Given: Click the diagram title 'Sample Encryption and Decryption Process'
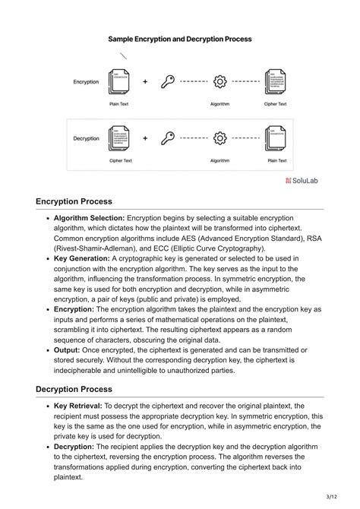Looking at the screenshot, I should (180, 38).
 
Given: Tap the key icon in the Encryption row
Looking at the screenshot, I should (169, 81).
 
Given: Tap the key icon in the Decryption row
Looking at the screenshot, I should (169, 138).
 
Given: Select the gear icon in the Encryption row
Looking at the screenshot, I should (220, 81).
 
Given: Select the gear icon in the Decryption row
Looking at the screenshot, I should (220, 138).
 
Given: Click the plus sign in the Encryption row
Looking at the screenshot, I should (144, 81).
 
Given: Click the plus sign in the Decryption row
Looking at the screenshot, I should (144, 138).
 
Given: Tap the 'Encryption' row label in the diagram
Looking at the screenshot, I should (87, 81).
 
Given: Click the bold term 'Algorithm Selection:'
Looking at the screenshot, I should (89, 218).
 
